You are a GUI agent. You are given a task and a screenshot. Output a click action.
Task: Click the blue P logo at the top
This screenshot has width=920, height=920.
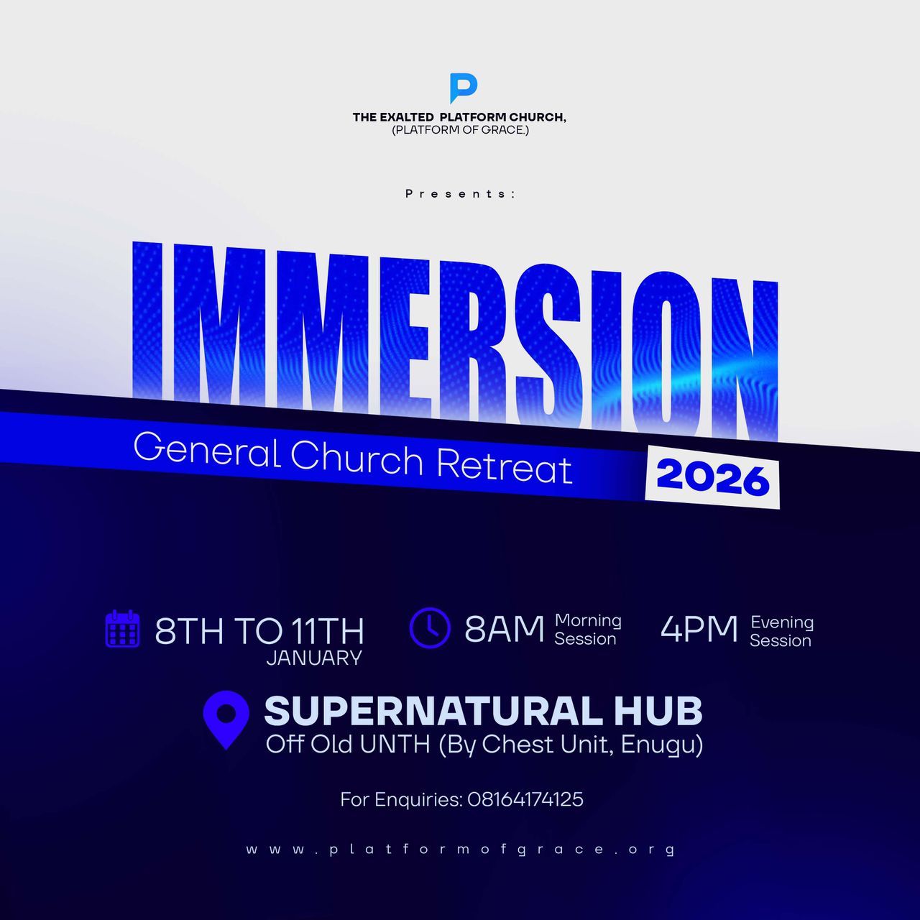463,88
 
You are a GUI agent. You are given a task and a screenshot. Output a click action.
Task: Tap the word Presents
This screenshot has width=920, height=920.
460,193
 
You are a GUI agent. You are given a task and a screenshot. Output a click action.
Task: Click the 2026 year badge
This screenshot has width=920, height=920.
712,477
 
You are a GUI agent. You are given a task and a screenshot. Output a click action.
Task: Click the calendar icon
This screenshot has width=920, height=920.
122,629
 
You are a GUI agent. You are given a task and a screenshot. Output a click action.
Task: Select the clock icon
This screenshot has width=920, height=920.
430,627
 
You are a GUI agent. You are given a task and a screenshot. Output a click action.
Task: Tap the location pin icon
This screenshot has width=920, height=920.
226,719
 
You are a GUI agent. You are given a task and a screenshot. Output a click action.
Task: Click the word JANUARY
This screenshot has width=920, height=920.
314,658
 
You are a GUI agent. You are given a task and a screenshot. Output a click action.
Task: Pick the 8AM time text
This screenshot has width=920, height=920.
504,630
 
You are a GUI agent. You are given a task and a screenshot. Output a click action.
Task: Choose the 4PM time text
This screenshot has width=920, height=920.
699,630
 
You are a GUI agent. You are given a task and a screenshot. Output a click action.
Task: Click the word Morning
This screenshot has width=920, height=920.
588,620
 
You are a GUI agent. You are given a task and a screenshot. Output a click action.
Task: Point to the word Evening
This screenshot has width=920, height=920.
782,622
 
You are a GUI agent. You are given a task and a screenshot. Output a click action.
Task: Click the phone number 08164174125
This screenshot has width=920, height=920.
525,799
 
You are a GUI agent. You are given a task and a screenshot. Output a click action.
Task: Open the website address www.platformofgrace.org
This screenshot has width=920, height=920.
460,850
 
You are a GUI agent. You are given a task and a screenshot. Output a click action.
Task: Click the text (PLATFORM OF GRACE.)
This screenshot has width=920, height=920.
460,130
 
